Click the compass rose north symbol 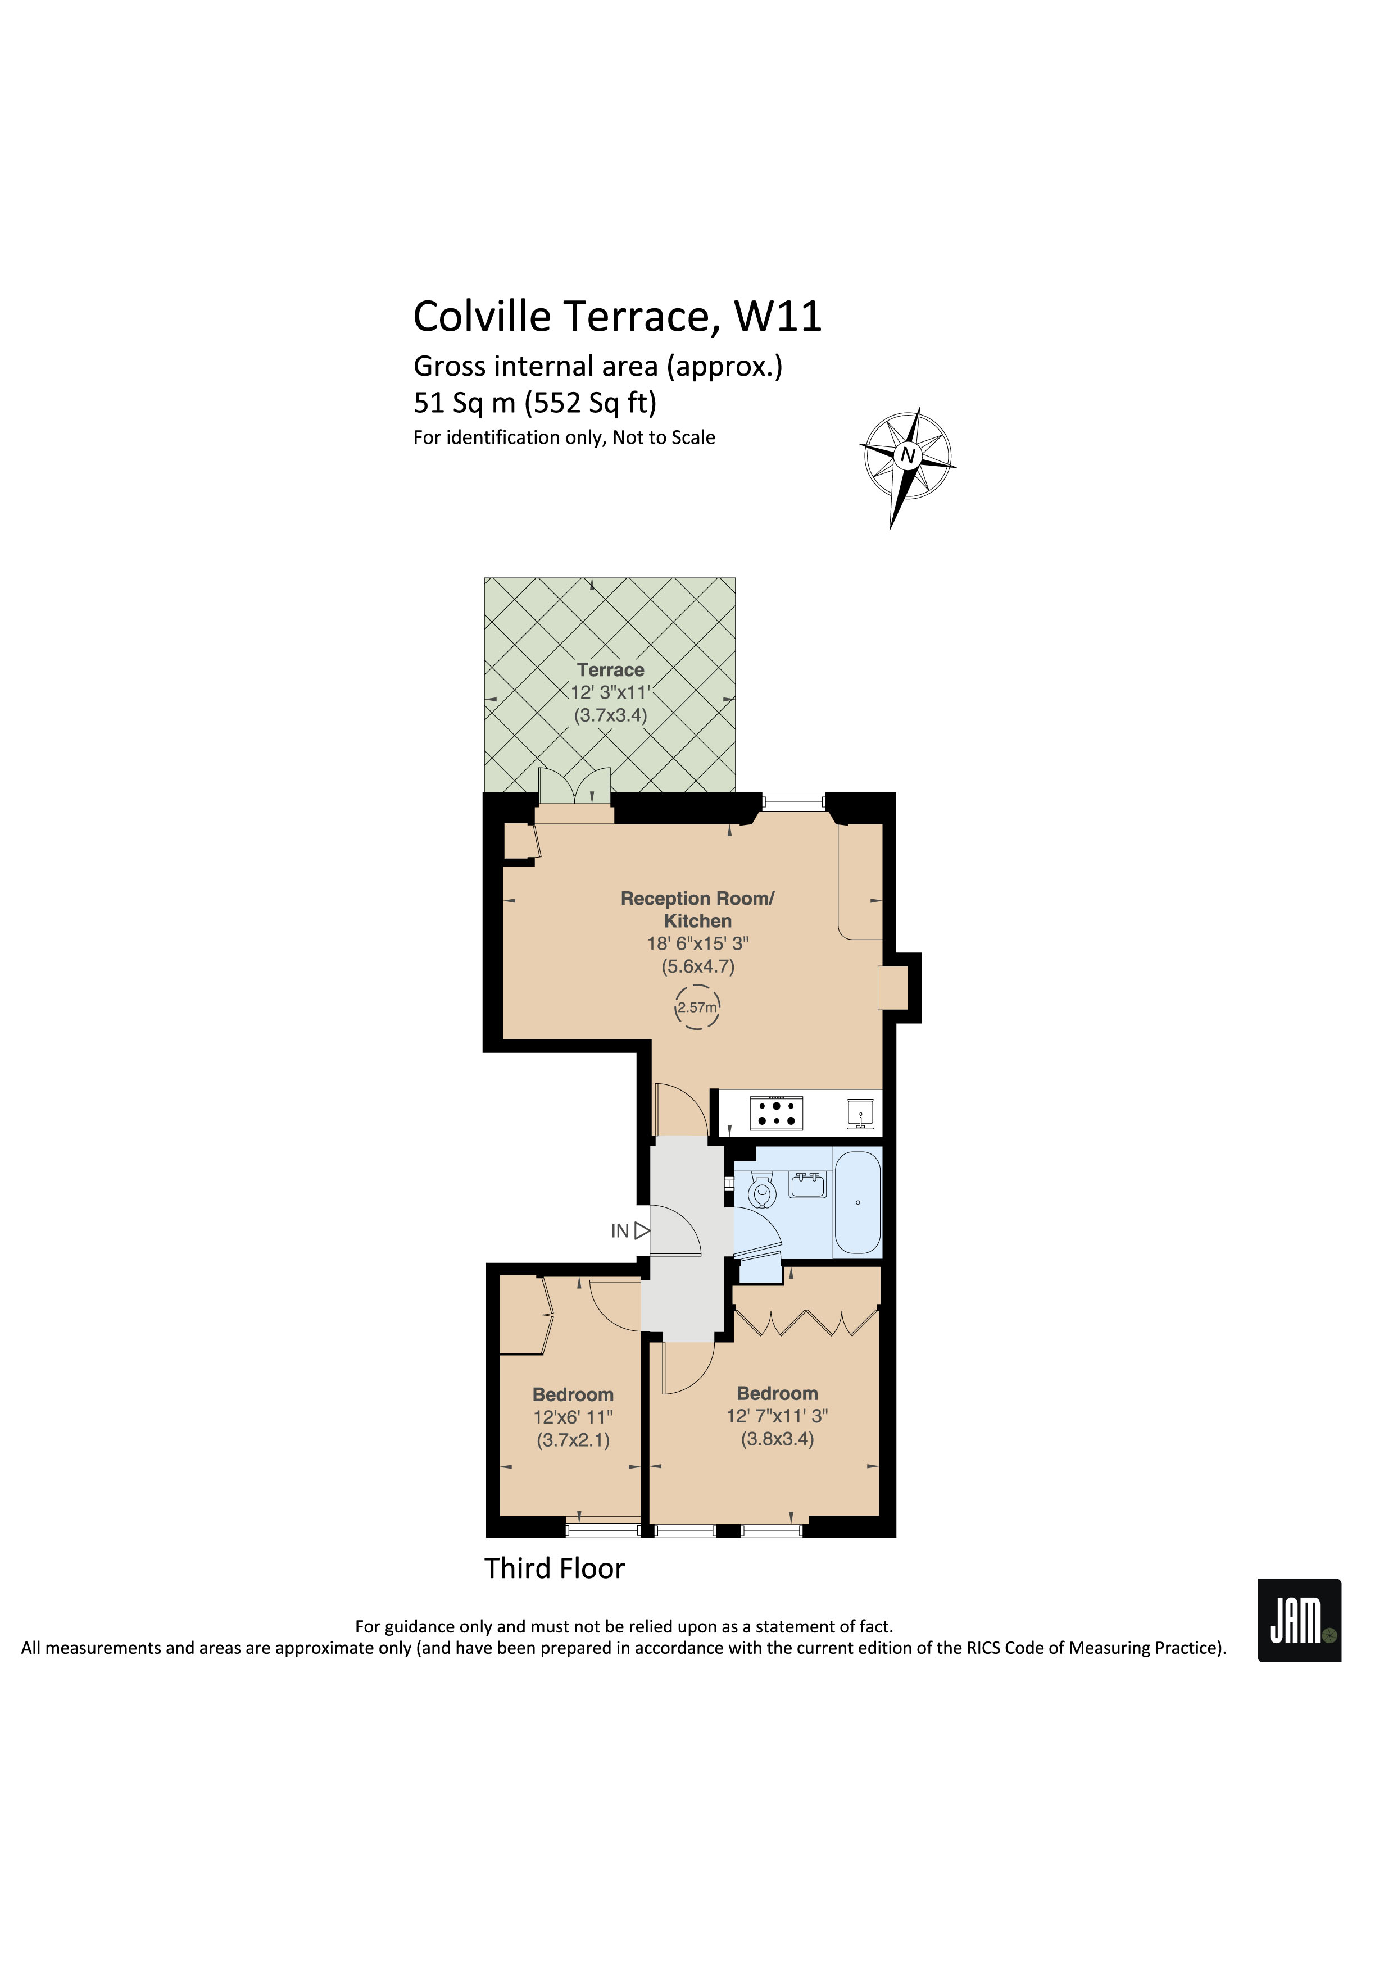point(907,455)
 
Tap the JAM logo point(1299,1621)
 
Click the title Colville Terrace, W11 point(617,317)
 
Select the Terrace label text point(610,670)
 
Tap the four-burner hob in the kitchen point(777,1114)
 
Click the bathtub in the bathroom point(857,1202)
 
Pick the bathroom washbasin point(807,1185)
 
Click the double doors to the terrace point(575,786)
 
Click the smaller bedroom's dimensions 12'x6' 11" point(573,1417)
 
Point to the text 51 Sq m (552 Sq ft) point(535,403)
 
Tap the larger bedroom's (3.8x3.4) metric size point(777,1439)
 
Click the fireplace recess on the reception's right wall point(893,988)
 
